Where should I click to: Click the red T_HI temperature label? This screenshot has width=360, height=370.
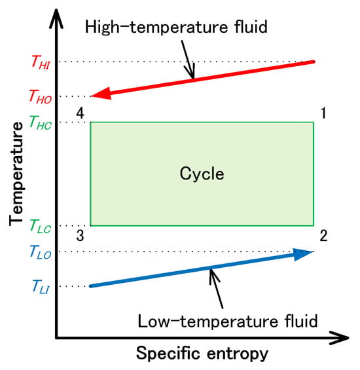pos(41,62)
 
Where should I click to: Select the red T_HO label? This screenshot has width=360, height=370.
pos(40,96)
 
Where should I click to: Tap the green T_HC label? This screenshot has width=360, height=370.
pos(40,122)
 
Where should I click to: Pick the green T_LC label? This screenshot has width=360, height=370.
pos(41,226)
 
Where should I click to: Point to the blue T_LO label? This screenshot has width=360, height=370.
pos(41,251)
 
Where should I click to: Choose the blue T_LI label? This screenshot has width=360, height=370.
pos(41,286)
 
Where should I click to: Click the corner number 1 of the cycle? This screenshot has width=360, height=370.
pos(323,113)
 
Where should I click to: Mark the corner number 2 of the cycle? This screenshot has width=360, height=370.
pos(323,236)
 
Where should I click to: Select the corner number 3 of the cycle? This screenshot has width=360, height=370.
pos(80,236)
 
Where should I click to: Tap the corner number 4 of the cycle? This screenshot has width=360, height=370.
pos(80,113)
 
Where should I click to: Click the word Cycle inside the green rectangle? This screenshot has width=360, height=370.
pos(202,174)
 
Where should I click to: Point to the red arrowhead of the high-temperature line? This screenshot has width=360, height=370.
pos(101,94)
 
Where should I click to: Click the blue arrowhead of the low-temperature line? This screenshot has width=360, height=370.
pos(303,253)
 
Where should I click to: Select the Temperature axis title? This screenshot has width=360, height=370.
pos(16,174)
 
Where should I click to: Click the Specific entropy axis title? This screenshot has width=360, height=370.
pos(202,354)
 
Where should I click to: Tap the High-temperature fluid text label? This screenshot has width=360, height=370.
pos(176,27)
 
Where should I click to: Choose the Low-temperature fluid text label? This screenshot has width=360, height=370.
pos(228,321)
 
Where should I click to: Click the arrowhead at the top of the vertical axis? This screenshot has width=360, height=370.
pos(56,18)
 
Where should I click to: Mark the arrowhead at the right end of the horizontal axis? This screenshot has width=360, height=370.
pos(339,338)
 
